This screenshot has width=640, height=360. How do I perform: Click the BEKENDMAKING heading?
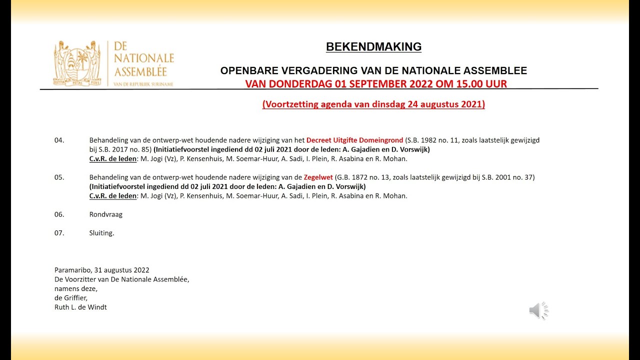(x=373, y=47)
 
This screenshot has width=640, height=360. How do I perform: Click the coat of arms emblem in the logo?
(x=77, y=63)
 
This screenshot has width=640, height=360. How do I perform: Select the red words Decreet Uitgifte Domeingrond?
(x=354, y=140)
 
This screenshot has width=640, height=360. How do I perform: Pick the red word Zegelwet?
(x=318, y=177)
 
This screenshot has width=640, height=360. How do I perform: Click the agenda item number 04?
(x=59, y=140)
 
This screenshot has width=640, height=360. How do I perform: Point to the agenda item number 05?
(x=59, y=177)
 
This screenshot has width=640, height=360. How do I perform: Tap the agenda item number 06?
(x=59, y=214)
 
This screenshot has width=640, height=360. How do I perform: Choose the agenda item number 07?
(x=59, y=232)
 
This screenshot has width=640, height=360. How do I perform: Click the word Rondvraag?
(x=105, y=214)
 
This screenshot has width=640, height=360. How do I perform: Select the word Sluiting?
(x=101, y=232)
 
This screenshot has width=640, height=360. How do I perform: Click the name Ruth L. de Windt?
(x=80, y=307)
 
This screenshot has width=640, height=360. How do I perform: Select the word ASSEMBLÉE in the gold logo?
(x=140, y=71)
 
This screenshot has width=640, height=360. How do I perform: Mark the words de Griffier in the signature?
(x=70, y=298)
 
